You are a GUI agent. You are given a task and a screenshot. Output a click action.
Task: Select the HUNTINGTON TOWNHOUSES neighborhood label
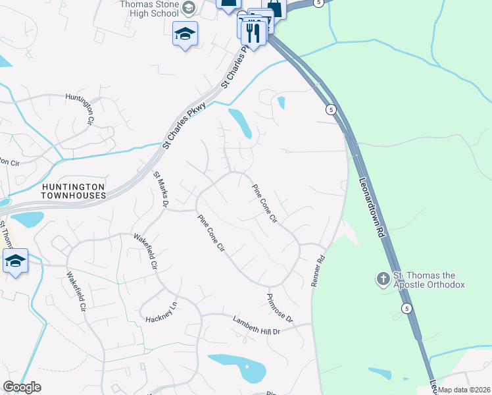click(x=73, y=191)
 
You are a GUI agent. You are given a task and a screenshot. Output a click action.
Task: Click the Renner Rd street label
click(x=318, y=271)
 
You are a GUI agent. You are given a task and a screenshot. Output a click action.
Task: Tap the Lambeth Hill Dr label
click(x=257, y=325)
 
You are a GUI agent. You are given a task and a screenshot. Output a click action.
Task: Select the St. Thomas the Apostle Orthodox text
click(x=429, y=280)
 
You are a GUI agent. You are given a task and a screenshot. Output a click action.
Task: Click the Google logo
click(x=22, y=387)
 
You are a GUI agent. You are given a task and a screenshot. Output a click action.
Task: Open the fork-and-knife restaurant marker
click(x=253, y=31)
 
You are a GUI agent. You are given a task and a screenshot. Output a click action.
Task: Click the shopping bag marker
click(x=274, y=8)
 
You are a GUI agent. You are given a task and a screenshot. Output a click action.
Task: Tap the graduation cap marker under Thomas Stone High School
click(x=185, y=33)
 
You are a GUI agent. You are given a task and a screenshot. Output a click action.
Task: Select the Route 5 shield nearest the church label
click(x=407, y=308)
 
